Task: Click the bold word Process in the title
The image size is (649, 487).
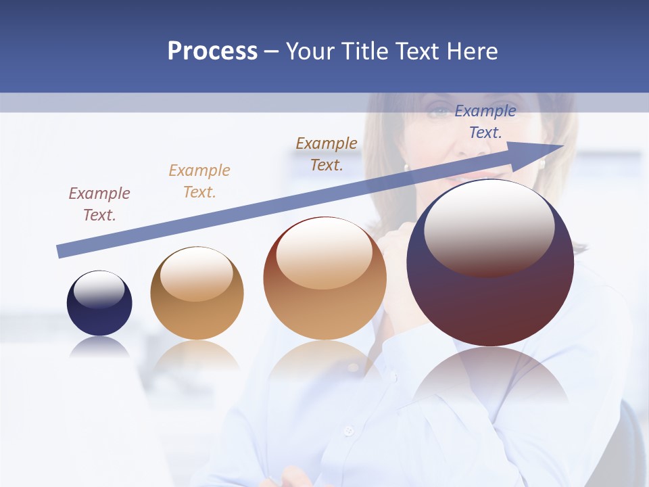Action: tap(212, 51)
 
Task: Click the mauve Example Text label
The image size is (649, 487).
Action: tap(99, 204)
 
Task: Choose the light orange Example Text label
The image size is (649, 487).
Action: tap(199, 181)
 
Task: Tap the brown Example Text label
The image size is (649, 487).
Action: tap(327, 154)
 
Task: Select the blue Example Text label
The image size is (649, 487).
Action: tap(485, 122)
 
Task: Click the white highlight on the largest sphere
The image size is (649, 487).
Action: tap(489, 227)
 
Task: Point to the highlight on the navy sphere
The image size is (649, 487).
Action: tap(99, 289)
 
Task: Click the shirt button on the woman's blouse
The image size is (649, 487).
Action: tap(349, 430)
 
